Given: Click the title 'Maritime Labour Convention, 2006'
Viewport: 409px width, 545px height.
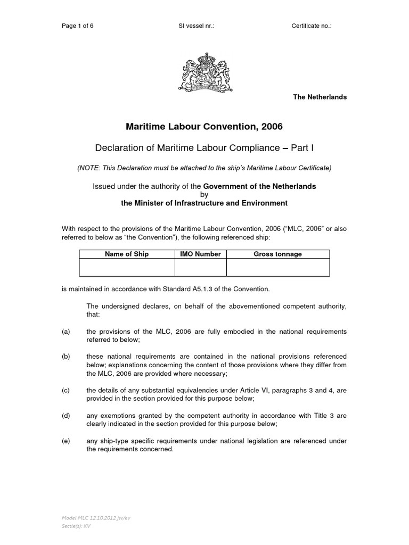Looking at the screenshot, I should [x=204, y=127].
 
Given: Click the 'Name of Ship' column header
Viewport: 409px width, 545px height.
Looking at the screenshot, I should [x=127, y=254].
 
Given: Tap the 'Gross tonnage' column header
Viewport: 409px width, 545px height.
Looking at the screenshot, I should [x=277, y=254].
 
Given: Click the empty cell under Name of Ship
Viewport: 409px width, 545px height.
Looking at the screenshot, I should [x=127, y=267].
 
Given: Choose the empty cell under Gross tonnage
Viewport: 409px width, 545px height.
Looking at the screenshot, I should [x=277, y=267].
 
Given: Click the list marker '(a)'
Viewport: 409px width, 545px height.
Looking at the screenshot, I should [x=66, y=332].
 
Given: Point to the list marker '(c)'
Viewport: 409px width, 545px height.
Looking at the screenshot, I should [x=66, y=390].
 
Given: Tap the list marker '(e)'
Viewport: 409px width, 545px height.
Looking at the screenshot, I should [x=66, y=441].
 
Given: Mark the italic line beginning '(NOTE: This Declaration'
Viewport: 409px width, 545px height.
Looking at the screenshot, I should [x=204, y=168].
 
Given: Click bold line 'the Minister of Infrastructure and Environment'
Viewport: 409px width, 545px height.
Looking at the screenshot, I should [x=204, y=203].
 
